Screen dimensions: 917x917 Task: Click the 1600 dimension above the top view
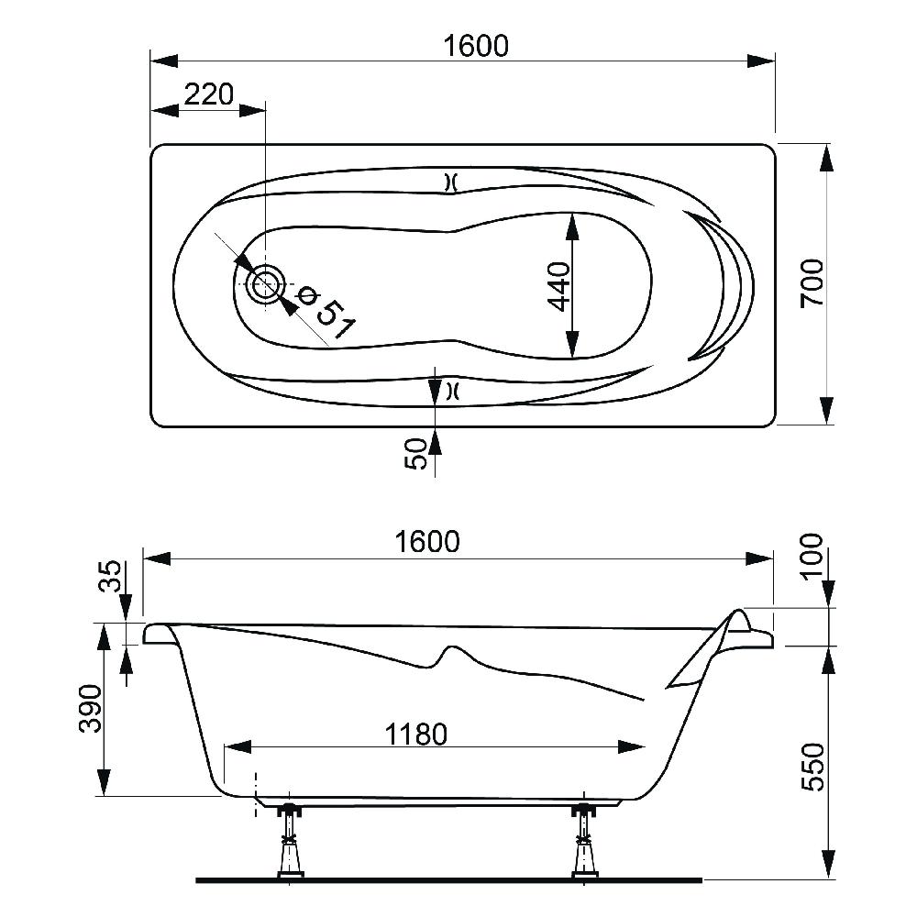pos(475,46)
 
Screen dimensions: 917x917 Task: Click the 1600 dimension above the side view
pos(427,542)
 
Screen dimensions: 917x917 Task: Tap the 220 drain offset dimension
pos(209,94)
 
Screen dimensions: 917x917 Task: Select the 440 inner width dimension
pos(559,286)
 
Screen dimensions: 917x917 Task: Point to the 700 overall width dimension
pos(812,283)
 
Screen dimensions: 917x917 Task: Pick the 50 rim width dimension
pos(415,454)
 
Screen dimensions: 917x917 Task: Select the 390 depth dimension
pos(91,709)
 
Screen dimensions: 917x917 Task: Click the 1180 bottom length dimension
pos(416,734)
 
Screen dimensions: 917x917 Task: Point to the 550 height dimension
pos(812,767)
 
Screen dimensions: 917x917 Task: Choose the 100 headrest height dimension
pos(812,557)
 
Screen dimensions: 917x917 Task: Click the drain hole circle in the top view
pos(266,284)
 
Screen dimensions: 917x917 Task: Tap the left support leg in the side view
pos(290,842)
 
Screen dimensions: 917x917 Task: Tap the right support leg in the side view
pos(583,842)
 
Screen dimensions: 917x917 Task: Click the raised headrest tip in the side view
pos(740,613)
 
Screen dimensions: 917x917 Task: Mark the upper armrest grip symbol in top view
pos(450,183)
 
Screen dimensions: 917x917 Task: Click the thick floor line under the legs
pos(448,880)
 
